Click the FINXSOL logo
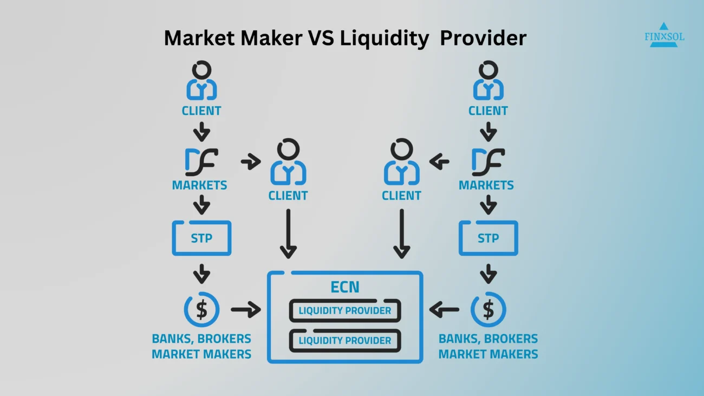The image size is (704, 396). coord(664,35)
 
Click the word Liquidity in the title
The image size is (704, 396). coord(384,38)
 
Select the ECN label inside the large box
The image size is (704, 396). coord(345,287)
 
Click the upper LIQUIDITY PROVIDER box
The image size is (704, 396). coord(345,310)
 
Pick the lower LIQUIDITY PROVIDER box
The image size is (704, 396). coord(345,340)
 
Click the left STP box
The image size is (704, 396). coord(201,238)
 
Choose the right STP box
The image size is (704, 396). coord(488,238)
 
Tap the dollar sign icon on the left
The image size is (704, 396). coord(201,309)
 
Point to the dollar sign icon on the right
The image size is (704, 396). coord(488,309)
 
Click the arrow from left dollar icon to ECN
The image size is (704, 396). coord(246,309)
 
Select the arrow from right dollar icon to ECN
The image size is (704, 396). coord(444,309)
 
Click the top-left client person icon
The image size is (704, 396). coord(201,81)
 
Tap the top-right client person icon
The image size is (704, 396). coord(488,81)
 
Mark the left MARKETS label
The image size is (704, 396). coord(200,185)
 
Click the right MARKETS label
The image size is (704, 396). coord(486,185)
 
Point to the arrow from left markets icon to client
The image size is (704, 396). coord(251,161)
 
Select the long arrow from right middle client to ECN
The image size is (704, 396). coord(402,234)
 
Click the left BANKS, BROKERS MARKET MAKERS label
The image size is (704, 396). coord(201,346)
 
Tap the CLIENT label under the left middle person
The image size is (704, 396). coord(288,196)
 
